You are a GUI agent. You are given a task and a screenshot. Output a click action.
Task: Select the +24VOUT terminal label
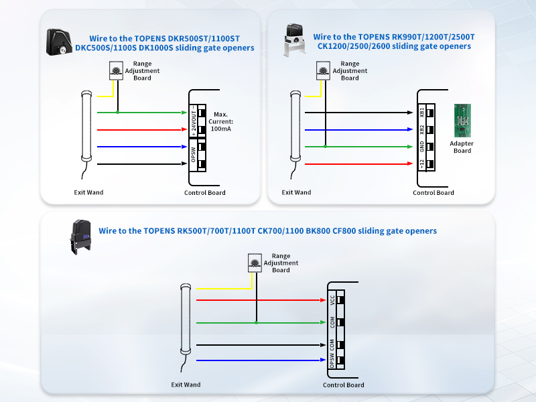click(x=193, y=121)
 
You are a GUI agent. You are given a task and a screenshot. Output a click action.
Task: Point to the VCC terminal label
click(x=332, y=300)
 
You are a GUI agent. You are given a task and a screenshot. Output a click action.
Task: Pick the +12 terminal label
click(x=421, y=163)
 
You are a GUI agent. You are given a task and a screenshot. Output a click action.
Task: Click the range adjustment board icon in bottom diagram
click(x=255, y=262)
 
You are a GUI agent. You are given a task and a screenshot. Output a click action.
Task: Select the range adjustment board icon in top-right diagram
click(x=324, y=70)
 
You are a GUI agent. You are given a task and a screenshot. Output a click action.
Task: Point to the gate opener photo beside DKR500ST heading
click(x=60, y=42)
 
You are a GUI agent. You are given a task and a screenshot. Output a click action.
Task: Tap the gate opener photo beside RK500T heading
click(x=80, y=237)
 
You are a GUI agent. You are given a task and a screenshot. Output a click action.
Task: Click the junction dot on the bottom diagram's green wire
click(x=255, y=323)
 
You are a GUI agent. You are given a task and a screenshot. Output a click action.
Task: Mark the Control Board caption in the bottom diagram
click(x=343, y=385)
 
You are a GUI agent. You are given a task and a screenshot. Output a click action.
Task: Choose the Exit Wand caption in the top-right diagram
click(x=296, y=193)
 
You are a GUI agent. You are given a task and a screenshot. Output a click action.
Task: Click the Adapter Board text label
click(x=462, y=147)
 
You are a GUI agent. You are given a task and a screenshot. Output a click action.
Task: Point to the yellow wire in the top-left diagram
click(x=103, y=95)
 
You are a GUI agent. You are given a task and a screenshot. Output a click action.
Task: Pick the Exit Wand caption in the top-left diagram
click(x=88, y=193)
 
